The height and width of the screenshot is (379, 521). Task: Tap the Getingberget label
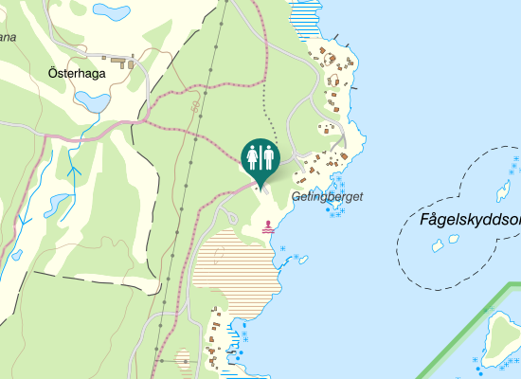(327, 197)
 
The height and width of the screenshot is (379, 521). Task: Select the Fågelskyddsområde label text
(469, 221)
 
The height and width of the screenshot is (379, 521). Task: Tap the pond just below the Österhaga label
(93, 99)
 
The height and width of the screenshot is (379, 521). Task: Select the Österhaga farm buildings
(121, 64)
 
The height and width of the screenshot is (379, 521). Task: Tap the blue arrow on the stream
(74, 172)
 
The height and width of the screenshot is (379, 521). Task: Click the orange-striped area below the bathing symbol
(237, 265)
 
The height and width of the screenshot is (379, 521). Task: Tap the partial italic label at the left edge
(8, 39)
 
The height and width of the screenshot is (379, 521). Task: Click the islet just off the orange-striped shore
(281, 247)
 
